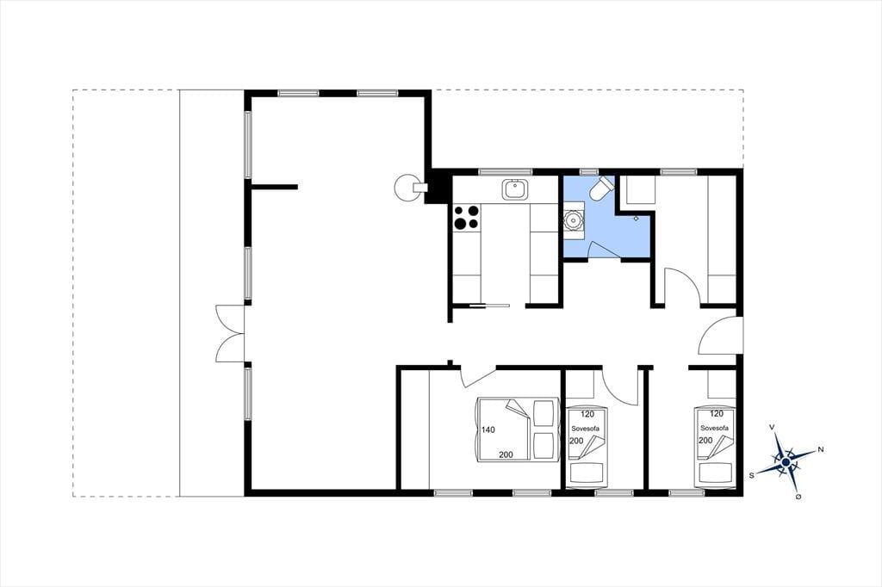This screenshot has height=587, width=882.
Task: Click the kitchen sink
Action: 516,188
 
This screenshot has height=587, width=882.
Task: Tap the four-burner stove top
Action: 467,217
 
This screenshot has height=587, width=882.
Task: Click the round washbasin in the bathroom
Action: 574,219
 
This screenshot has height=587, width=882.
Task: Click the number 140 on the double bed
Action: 488,430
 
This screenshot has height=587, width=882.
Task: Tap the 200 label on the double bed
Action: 506,454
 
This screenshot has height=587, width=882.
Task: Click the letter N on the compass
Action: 821,449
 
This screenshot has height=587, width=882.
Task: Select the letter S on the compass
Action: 751,475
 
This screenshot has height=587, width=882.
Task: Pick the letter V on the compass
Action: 773,428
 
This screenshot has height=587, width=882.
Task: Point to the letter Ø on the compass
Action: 798,497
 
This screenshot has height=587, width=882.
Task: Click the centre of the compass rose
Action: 786,462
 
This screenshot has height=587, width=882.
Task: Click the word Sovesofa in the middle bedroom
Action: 585,429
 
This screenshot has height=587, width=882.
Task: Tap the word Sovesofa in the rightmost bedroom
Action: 714,428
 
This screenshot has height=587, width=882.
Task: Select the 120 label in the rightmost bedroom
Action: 717,414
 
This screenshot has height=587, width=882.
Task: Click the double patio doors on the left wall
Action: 231,334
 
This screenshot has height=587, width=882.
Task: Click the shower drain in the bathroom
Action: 636,218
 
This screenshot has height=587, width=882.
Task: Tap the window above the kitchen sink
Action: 505,171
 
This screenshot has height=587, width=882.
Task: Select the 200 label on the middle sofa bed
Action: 576,441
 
